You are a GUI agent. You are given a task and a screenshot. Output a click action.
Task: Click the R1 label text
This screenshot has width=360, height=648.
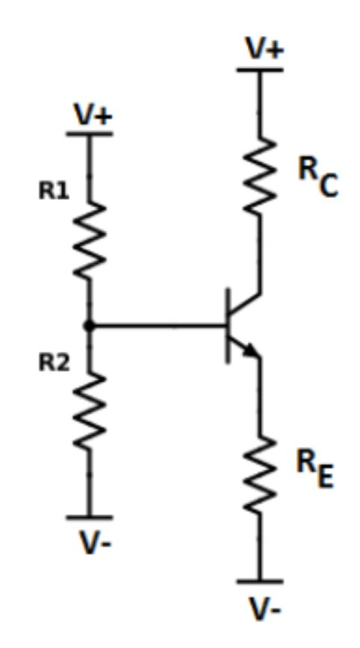53,191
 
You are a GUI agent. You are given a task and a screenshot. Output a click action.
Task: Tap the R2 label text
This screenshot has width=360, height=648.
54,363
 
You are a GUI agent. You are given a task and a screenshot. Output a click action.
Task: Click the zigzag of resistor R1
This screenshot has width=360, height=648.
90,239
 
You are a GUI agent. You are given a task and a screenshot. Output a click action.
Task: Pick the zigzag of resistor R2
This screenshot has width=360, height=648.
90,411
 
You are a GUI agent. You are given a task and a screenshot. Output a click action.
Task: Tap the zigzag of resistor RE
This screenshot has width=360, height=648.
261,474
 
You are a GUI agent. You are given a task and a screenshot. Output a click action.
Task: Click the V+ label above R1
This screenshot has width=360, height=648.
93,115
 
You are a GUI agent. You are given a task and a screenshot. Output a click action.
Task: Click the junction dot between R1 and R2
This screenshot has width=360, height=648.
90,326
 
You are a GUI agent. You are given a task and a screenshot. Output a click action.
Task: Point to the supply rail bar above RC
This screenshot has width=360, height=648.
261,70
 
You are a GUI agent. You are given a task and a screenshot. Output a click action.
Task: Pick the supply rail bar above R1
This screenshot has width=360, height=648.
90,135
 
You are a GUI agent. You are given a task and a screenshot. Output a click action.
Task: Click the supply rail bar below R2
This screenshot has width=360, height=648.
90,517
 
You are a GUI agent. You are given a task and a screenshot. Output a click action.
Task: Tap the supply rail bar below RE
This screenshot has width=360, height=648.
261,581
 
